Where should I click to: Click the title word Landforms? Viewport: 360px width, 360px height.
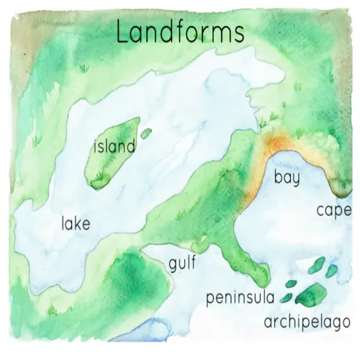(180, 32)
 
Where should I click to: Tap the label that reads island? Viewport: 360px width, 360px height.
(114, 147)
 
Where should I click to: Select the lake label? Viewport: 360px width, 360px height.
(76, 224)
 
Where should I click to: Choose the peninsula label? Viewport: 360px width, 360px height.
(239, 297)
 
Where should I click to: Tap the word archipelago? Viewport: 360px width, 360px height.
(307, 320)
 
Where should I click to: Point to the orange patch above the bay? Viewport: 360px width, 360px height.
(277, 144)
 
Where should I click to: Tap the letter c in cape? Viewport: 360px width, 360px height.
(320, 210)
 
